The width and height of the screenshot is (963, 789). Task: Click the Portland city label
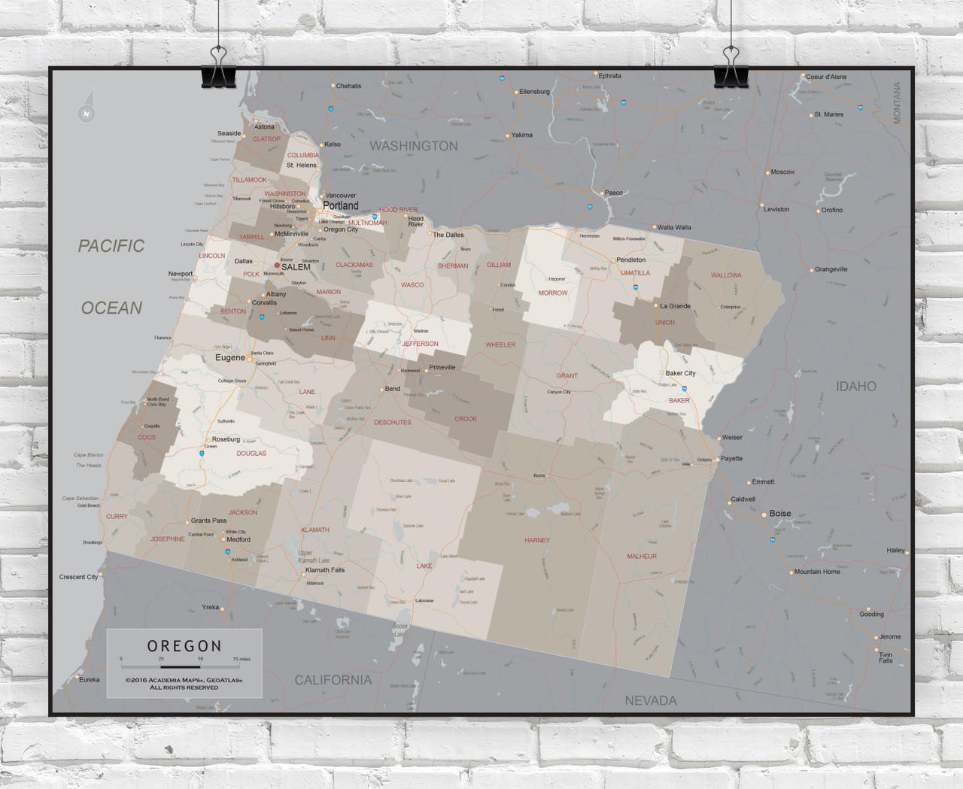click(341, 205)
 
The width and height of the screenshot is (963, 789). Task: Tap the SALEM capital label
click(296, 267)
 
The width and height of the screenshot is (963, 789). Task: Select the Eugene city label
click(230, 358)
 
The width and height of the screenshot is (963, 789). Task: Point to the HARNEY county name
click(537, 540)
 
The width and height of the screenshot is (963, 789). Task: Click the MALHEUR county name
click(642, 557)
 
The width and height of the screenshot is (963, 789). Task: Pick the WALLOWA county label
click(726, 275)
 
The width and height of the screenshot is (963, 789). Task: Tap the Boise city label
click(780, 514)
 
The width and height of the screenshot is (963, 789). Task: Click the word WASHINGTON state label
click(413, 146)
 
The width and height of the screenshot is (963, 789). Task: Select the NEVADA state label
click(651, 700)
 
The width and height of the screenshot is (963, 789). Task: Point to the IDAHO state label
click(856, 387)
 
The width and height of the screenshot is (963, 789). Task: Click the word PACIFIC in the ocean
click(111, 246)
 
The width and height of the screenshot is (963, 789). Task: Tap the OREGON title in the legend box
click(184, 646)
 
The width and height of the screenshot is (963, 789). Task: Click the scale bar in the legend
click(181, 666)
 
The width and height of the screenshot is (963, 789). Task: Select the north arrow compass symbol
click(87, 108)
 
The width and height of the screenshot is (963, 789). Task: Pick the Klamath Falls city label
click(325, 570)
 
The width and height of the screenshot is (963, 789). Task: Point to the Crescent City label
click(78, 577)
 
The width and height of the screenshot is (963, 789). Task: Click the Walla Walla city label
click(674, 227)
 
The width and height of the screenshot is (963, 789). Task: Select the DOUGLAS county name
click(251, 454)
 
